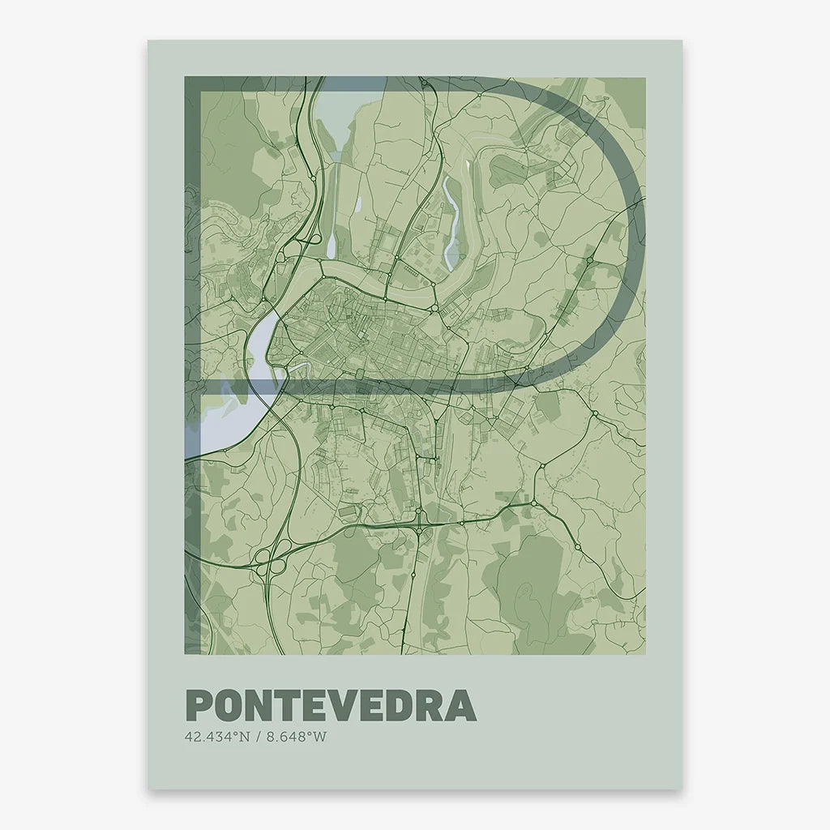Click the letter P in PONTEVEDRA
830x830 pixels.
pos(199,706)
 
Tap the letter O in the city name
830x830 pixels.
pos(229,706)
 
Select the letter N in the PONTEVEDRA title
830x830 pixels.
pos(260,706)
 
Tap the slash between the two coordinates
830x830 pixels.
pos(259,738)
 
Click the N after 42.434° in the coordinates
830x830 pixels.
pos(246,738)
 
